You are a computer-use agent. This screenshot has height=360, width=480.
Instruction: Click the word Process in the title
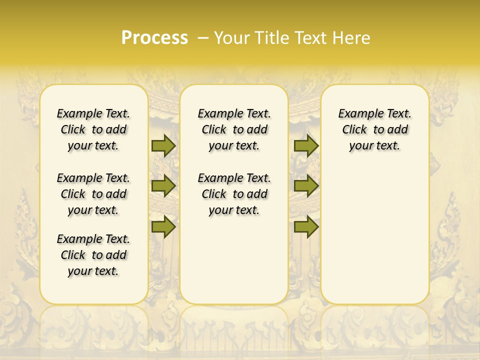(x=154, y=38)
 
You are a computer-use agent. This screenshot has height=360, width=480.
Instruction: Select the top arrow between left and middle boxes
(x=163, y=145)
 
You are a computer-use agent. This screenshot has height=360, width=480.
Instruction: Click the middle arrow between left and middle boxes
(x=163, y=186)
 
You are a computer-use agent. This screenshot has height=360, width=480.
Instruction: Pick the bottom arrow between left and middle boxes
(x=163, y=226)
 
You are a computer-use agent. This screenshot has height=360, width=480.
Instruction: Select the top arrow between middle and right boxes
(x=306, y=145)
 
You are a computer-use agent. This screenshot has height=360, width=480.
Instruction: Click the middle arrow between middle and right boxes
(x=306, y=186)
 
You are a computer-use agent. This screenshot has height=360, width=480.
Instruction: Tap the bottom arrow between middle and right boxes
(x=306, y=226)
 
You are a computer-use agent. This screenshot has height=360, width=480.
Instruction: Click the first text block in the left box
(x=93, y=129)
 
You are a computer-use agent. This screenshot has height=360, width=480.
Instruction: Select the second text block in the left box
(x=93, y=194)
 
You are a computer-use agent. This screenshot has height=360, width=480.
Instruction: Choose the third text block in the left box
(x=93, y=255)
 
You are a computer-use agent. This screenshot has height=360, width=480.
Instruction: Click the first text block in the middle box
(x=234, y=129)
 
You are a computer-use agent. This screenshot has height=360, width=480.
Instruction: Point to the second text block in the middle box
(x=234, y=194)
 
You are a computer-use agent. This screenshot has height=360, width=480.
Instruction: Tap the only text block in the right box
(x=375, y=129)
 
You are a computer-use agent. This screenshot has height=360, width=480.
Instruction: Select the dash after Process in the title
(x=203, y=38)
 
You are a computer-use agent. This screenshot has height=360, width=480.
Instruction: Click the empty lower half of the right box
(x=375, y=240)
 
